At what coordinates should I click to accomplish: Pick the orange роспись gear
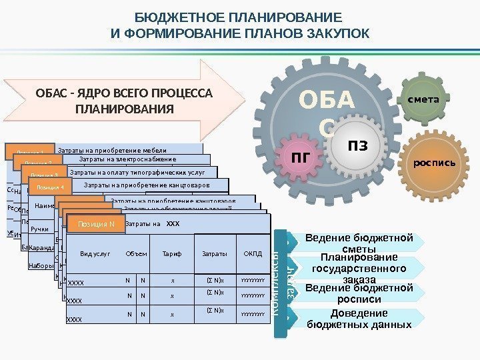coord(433,161)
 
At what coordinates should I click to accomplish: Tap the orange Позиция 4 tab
coord(51,188)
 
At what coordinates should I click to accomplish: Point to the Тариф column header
coord(171,254)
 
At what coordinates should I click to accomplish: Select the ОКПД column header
coord(253,254)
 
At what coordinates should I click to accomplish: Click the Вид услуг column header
coord(93,254)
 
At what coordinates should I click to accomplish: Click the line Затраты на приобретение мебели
coord(111,150)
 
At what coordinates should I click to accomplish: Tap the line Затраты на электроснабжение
coord(127,159)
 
